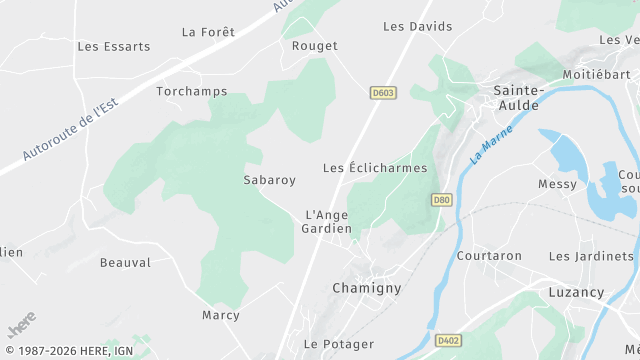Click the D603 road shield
point(382,93)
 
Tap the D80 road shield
point(441,200)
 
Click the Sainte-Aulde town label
point(517,97)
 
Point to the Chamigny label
point(366,288)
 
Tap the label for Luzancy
point(576,293)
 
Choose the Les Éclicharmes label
point(375,168)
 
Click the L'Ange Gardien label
point(327,221)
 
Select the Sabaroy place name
point(270,181)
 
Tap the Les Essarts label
point(114,46)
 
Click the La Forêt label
point(208,32)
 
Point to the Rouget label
point(315,46)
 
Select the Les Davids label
point(418,26)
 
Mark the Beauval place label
point(125,263)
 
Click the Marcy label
point(221,315)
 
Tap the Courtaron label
point(489,256)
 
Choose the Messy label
point(557,184)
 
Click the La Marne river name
point(491,143)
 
